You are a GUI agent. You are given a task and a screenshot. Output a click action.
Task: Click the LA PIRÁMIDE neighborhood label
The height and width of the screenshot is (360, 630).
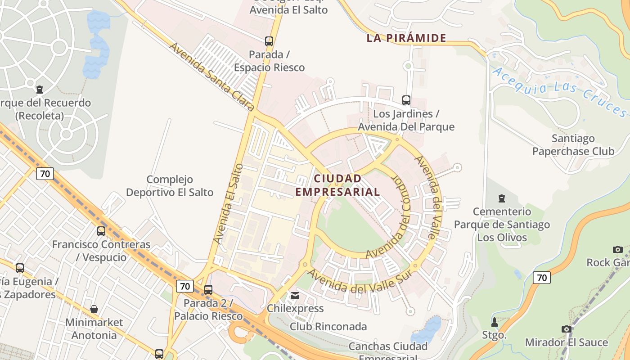tap(406, 38)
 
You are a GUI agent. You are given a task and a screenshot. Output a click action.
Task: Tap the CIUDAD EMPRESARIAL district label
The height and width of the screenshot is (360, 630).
tap(337, 185)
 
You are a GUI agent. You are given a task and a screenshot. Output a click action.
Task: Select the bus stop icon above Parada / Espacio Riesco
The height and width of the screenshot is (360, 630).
tap(269, 41)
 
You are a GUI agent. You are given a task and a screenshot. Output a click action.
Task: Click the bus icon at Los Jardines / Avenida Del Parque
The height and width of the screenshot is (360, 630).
tap(406, 100)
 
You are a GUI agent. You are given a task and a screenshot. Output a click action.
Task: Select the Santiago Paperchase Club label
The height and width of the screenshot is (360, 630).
tap(573, 144)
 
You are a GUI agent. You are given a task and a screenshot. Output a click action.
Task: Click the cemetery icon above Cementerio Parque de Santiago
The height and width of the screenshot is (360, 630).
tap(502, 198)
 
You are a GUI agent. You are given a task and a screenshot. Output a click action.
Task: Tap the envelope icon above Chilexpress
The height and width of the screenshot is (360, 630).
tap(295, 296)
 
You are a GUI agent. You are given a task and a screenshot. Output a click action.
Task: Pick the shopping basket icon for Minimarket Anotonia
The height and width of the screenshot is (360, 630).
tap(94, 309)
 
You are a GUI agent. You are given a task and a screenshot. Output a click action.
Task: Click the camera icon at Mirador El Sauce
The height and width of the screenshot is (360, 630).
tap(566, 329)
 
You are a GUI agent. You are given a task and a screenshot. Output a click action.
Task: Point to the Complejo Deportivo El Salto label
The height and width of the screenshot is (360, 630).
tap(170, 186)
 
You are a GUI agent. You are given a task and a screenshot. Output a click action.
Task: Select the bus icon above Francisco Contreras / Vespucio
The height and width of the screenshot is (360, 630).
tap(101, 231)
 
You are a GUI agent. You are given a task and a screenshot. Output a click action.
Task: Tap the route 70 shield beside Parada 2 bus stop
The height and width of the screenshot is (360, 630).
tap(185, 286)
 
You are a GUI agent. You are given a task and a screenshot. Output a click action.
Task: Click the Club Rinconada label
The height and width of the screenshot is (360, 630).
tap(328, 326)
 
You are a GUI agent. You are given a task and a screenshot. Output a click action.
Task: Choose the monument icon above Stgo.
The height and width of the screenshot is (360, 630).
tap(495, 322)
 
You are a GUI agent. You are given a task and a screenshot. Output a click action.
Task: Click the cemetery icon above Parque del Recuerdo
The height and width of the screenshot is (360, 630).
tap(40, 90)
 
